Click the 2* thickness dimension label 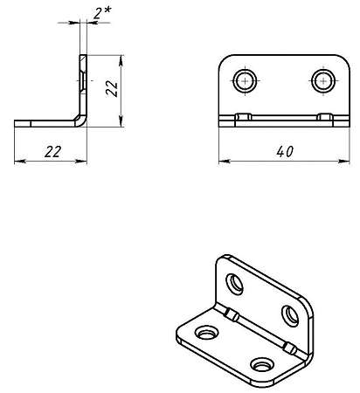(102, 13)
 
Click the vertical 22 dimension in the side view (112, 88)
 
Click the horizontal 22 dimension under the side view (53, 152)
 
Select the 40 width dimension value (285, 152)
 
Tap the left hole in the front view (245, 80)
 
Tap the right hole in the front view (323, 80)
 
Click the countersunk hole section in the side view (83, 80)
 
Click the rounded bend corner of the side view (81, 121)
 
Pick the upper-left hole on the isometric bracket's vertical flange (235, 284)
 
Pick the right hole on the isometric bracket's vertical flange (290, 316)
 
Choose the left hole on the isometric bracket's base (207, 333)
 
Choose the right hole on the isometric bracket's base (262, 364)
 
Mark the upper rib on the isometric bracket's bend (232, 314)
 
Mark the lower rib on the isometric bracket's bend (289, 348)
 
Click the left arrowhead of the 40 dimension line (224, 161)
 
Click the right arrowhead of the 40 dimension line (344, 161)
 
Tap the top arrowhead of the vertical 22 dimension (121, 60)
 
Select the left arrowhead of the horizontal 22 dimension (20, 161)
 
